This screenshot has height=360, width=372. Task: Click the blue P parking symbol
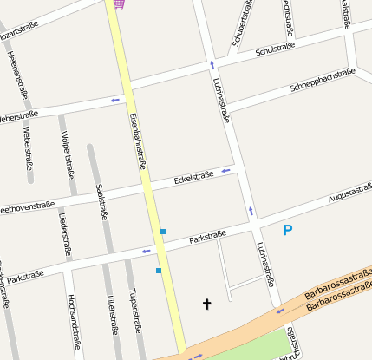pos(288,230)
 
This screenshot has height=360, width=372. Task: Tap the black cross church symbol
pos(206,304)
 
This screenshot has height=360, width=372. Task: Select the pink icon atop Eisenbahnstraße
pos(119,3)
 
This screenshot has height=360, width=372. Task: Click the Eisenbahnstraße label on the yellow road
pos(135,140)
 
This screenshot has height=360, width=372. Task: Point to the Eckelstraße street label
pos(193,179)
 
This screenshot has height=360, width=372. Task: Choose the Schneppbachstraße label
pos(323,80)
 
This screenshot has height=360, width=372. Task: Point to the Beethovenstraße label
pos(26,207)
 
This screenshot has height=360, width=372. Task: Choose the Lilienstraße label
pos(112,314)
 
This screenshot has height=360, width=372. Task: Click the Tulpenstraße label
pos(134,311)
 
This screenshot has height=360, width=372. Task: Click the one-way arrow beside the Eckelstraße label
pos(226,170)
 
